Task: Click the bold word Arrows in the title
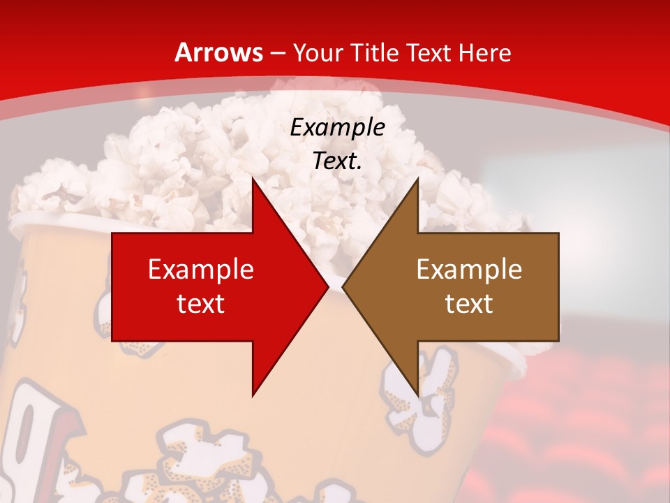218,52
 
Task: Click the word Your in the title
318,52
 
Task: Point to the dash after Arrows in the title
277,54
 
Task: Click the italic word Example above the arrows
337,127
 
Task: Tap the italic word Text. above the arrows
337,161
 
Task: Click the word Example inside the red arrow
200,269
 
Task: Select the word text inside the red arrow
200,303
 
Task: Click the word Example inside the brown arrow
469,269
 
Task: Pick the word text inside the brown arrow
469,303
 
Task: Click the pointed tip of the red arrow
327,286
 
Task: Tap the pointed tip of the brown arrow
343,286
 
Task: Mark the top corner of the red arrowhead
253,179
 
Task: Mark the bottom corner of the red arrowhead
253,395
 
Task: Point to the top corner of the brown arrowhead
417,179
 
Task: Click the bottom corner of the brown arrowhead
417,395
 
